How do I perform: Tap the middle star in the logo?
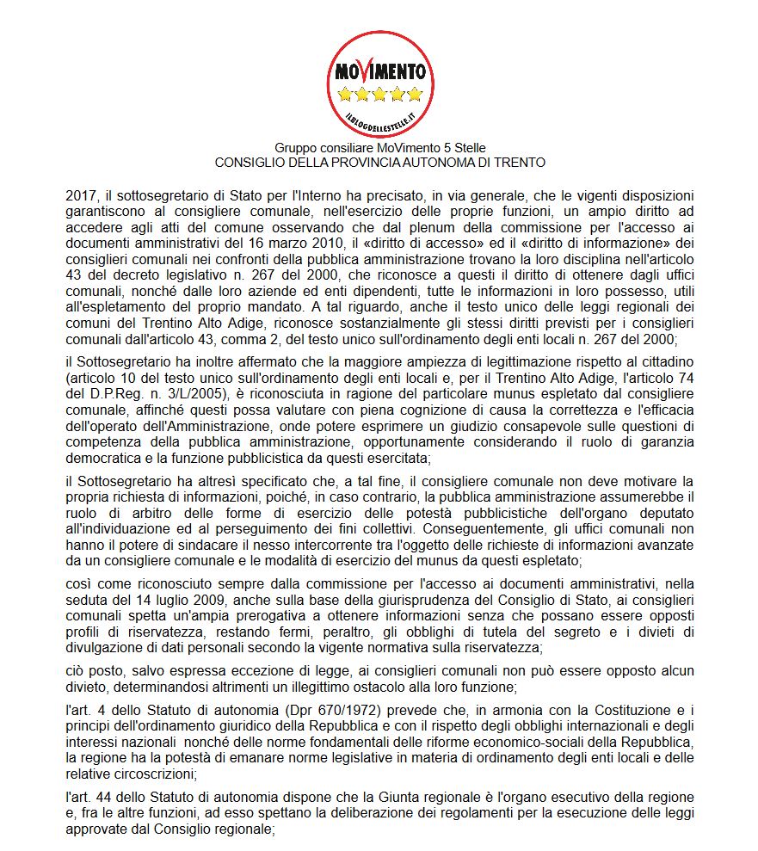pos(379,94)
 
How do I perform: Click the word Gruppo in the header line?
pos(293,149)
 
